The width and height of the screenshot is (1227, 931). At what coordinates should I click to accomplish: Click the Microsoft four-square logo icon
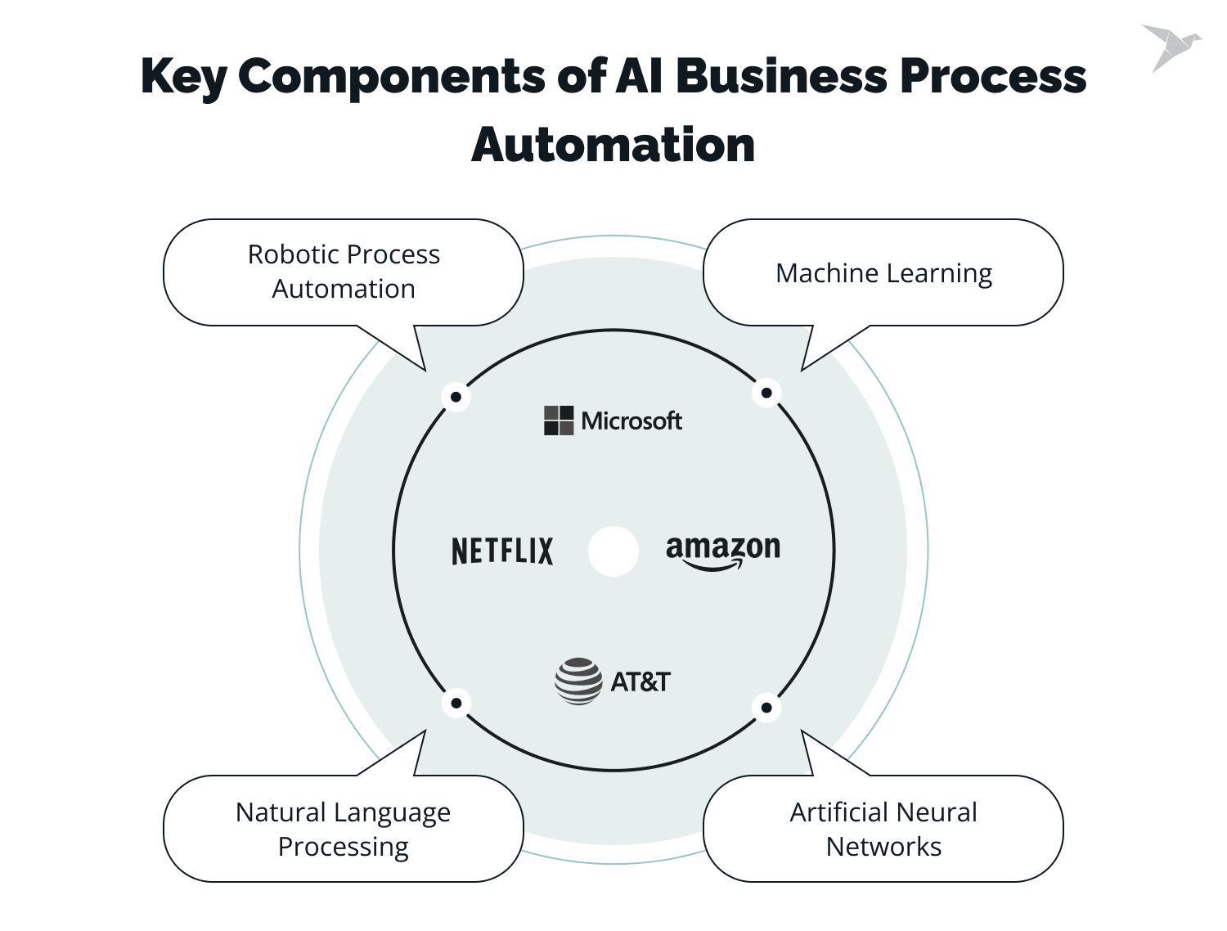[559, 421]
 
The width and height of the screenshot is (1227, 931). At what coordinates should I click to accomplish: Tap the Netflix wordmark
[502, 551]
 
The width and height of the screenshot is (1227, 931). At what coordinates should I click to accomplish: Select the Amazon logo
[722, 551]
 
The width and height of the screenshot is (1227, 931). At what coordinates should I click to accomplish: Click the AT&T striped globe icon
[578, 681]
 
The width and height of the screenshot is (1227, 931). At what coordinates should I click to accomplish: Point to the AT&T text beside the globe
[640, 681]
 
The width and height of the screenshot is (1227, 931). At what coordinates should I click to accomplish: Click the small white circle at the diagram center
[613, 551]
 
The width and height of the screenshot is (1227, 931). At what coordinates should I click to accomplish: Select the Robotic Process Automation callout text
[344, 272]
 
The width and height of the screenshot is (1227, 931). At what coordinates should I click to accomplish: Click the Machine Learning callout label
[883, 273]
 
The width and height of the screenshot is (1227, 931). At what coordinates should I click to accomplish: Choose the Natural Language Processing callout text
[344, 829]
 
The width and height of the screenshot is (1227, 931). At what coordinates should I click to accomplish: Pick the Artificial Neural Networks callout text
[883, 829]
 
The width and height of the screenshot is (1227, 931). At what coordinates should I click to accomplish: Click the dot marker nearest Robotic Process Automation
[456, 397]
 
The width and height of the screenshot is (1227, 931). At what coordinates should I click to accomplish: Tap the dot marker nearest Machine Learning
[766, 393]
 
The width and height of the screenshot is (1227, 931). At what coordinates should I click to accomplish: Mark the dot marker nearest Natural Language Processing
[456, 703]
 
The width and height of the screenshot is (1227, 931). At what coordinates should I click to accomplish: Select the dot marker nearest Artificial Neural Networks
[766, 708]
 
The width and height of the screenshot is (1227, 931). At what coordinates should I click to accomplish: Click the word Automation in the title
[613, 145]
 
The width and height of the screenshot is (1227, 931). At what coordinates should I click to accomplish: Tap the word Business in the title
[781, 76]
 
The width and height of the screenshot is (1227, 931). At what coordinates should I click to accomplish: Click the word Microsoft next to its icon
[631, 421]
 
